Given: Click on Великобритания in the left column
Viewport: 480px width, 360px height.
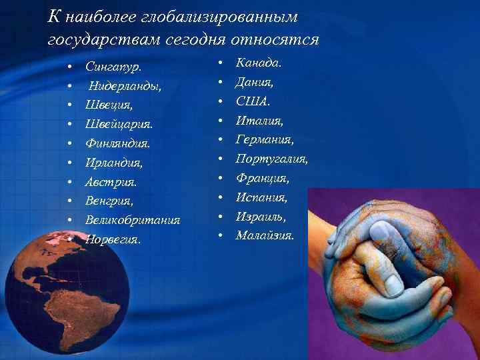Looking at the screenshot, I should [x=133, y=219].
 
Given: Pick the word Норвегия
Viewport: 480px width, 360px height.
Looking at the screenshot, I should [x=113, y=239].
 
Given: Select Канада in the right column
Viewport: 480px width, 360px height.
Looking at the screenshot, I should [x=258, y=64].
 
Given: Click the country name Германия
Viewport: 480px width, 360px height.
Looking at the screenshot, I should [x=265, y=140].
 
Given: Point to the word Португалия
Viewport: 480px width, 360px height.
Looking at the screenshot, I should [x=272, y=159].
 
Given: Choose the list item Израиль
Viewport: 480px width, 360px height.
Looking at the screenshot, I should [x=261, y=217].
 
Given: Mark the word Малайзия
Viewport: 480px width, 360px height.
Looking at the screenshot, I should [x=265, y=235].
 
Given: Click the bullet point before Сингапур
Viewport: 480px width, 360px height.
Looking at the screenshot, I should [x=69, y=68].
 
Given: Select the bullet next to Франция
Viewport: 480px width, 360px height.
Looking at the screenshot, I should [x=220, y=179].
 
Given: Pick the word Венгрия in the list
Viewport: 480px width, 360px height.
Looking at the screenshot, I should [x=109, y=200].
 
